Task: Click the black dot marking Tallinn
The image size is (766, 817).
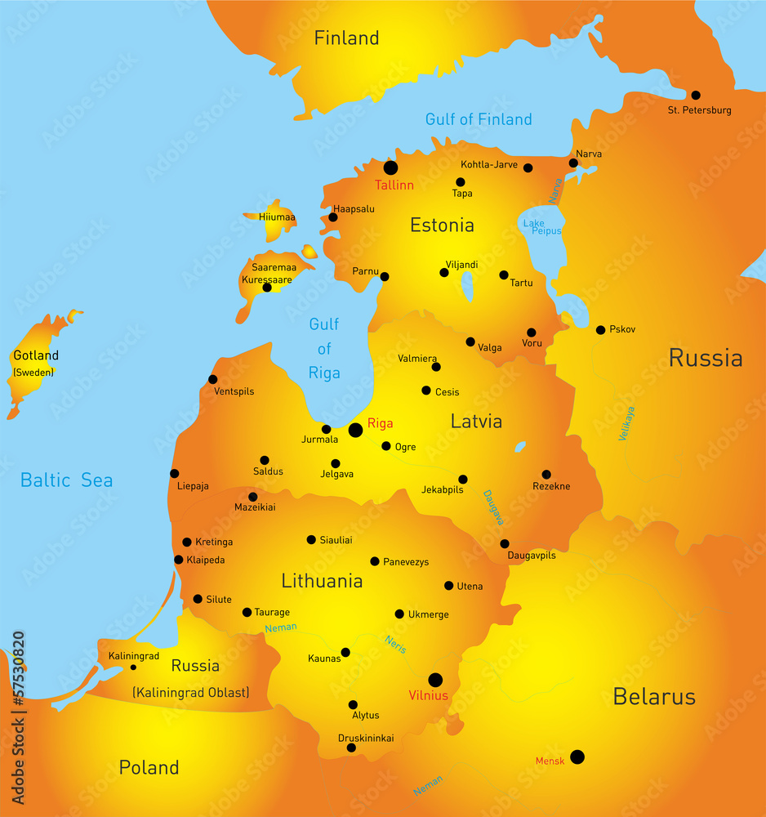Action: click(x=390, y=167)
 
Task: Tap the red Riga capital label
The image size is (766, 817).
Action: click(x=381, y=423)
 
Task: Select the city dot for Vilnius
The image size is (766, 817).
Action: click(x=435, y=680)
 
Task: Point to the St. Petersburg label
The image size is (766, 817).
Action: click(x=699, y=110)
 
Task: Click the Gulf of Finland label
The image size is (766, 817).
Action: click(x=479, y=119)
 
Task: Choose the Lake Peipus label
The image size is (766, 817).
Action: click(x=542, y=227)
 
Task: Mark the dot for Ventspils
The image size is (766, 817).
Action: click(x=213, y=379)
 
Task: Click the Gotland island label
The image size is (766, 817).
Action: click(x=36, y=355)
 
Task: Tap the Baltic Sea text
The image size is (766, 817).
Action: click(x=67, y=480)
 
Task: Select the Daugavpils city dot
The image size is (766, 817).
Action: click(x=505, y=543)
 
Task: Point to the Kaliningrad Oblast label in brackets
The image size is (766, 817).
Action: click(x=190, y=693)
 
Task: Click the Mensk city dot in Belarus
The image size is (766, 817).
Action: click(x=577, y=757)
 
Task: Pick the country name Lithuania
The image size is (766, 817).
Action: click(x=322, y=582)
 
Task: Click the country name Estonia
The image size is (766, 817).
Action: click(x=442, y=225)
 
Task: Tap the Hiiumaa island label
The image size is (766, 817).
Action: click(x=277, y=217)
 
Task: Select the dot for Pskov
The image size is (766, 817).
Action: click(x=601, y=330)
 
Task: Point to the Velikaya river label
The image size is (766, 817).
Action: click(x=626, y=424)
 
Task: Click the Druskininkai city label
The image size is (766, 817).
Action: click(x=366, y=739)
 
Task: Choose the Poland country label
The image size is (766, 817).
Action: click(x=149, y=767)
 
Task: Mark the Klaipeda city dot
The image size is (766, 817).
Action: click(x=179, y=560)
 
